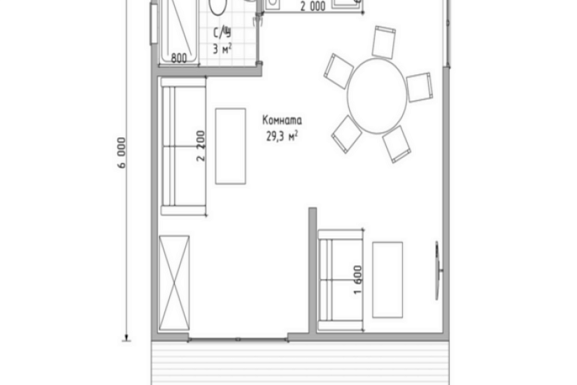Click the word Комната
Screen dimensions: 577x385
tap(282, 120)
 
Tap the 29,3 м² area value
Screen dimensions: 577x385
tap(282, 136)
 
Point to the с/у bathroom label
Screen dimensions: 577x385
tap(222, 33)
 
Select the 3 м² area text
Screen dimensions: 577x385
tap(222, 48)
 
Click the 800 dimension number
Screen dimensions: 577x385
tap(179, 58)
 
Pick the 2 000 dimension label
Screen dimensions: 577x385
tap(313, 6)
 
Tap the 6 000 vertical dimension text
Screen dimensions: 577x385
tap(122, 153)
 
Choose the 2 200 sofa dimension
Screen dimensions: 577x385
tap(201, 146)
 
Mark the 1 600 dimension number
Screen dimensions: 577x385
tap(357, 279)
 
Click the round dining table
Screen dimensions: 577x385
tap(377, 96)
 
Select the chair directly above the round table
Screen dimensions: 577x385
tap(383, 42)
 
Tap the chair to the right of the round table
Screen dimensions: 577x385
tap(420, 87)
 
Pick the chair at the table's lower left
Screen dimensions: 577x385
tap(347, 134)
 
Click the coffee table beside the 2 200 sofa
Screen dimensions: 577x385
tap(231, 146)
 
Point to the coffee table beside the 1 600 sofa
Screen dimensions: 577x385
tap(387, 279)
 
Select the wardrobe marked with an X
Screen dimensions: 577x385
tap(174, 283)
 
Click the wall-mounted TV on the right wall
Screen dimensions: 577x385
tap(438, 270)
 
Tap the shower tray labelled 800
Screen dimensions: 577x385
tap(179, 32)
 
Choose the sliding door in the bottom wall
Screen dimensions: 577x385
tap(238, 339)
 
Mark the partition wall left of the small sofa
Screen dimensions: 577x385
tap(313, 270)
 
